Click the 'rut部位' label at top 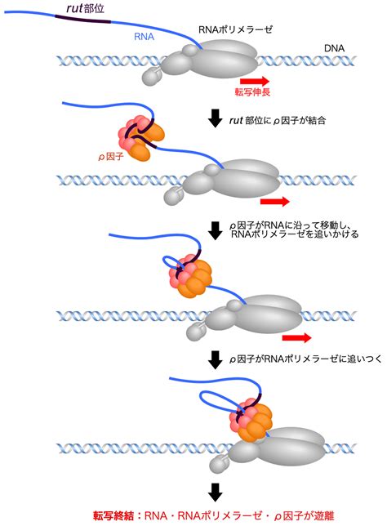click(85, 8)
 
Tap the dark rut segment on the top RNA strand click(82, 19)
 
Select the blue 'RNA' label click(145, 36)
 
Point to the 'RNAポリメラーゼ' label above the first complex click(235, 29)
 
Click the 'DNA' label click(334, 48)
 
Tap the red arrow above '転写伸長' click(255, 81)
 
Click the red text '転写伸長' click(252, 92)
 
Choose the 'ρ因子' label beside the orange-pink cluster click(111, 156)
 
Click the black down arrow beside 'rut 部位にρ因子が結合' click(215, 118)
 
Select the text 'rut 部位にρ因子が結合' click(278, 120)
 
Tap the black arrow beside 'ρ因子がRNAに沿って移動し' click(215, 230)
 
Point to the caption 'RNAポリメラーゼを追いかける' click(295, 234)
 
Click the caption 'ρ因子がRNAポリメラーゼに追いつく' click(305, 359)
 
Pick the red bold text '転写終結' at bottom click(113, 515)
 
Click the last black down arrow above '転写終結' click(215, 493)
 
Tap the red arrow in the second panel click(274, 201)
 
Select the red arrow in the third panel click(297, 337)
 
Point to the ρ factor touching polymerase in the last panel click(251, 419)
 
